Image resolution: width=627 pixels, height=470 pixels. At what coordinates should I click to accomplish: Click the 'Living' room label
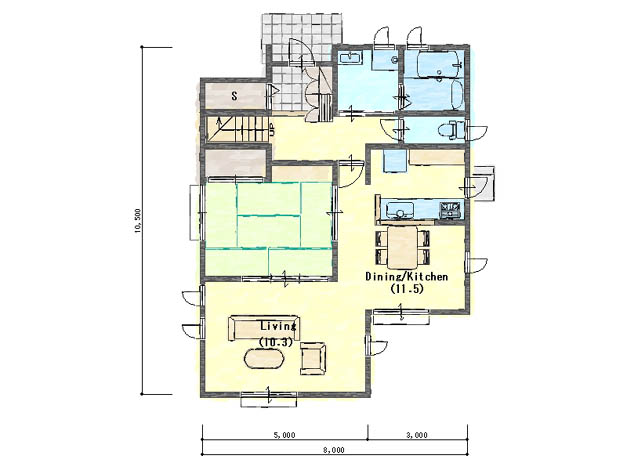(x=279, y=326)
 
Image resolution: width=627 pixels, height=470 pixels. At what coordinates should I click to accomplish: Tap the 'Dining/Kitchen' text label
(x=406, y=276)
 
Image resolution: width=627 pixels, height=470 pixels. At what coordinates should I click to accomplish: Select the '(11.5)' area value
(x=407, y=288)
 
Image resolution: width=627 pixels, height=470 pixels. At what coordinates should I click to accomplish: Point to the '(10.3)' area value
(x=276, y=342)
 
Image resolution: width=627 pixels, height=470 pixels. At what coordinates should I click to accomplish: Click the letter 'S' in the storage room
(x=234, y=96)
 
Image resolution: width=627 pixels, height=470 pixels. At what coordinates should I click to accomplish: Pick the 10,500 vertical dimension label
(x=138, y=220)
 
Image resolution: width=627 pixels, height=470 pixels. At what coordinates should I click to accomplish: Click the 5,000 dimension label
(x=285, y=435)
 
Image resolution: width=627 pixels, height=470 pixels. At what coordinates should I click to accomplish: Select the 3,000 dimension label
(x=417, y=435)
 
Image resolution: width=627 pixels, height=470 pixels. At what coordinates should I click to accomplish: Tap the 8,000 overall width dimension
(x=334, y=450)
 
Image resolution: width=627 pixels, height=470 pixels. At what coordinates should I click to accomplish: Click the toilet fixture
(x=451, y=130)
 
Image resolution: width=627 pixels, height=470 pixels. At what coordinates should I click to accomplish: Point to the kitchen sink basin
(x=399, y=209)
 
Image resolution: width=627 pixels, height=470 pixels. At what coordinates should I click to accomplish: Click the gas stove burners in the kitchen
(x=451, y=210)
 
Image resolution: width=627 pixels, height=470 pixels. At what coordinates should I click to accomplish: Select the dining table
(x=403, y=247)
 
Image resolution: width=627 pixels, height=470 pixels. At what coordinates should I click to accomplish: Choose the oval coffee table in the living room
(x=264, y=358)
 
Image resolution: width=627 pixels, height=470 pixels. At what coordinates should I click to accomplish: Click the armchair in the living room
(x=313, y=358)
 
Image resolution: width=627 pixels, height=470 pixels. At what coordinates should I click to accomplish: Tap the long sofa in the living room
(x=264, y=328)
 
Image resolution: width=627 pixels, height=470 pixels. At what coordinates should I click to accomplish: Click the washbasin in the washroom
(x=351, y=58)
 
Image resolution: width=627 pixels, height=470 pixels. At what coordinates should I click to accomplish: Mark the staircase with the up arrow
(x=239, y=129)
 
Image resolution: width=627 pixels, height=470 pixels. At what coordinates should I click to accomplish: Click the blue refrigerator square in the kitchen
(x=395, y=161)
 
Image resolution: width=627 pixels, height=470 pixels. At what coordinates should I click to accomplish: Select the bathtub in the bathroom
(x=439, y=80)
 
